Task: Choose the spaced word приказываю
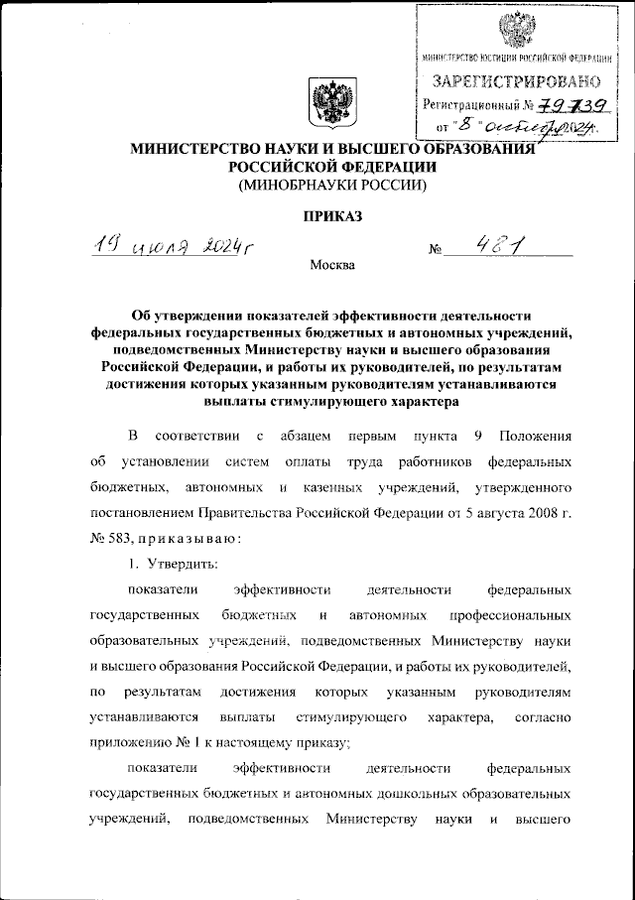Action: point(188,537)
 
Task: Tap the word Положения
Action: point(535,436)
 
